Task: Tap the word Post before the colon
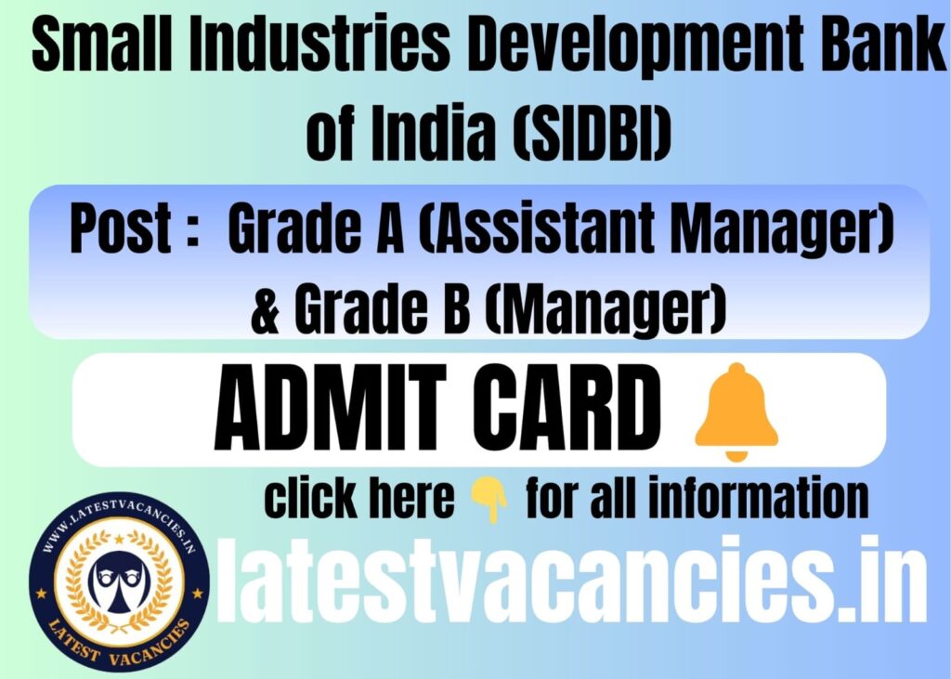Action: [x=121, y=228]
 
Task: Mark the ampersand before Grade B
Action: [x=266, y=309]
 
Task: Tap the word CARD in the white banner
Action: [x=566, y=407]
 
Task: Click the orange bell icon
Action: [x=736, y=411]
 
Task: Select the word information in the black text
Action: [x=758, y=498]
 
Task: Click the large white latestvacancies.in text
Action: [x=570, y=581]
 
